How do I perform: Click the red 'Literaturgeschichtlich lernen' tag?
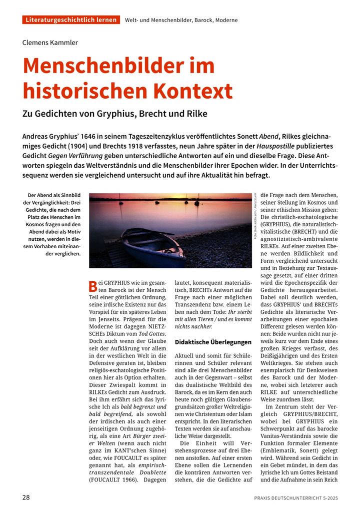point(71,20)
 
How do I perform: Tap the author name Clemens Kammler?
point(50,43)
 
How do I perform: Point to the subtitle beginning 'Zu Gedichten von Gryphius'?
point(114,114)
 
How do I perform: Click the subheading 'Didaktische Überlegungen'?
point(212,342)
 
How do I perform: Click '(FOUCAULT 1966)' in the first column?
point(111,480)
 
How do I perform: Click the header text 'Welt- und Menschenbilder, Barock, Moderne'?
point(181,20)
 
